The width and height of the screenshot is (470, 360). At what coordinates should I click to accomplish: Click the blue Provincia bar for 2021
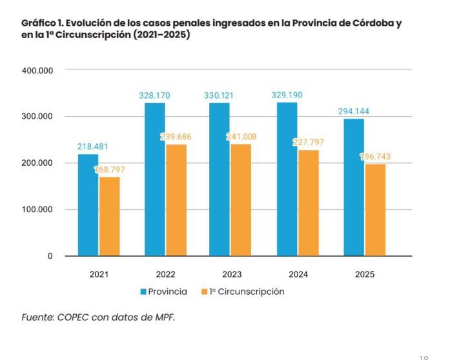pos(88,205)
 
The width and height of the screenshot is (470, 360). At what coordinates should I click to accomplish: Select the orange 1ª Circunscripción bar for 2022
pos(176,200)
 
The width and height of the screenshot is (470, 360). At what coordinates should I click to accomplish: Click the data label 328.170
pos(154,95)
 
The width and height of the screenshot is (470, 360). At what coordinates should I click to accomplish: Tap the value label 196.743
pos(375,157)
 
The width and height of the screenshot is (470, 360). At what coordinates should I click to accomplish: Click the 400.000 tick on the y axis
pos(37,70)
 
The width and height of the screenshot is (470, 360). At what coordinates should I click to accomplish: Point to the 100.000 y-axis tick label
pos(37,210)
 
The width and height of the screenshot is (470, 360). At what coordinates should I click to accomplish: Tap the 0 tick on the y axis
pos(50,256)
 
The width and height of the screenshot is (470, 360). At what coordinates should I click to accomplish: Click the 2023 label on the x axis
pos(230,274)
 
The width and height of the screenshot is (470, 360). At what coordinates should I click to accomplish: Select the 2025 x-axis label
pos(364,274)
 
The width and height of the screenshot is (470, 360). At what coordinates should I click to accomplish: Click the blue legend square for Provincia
pos(143,292)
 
